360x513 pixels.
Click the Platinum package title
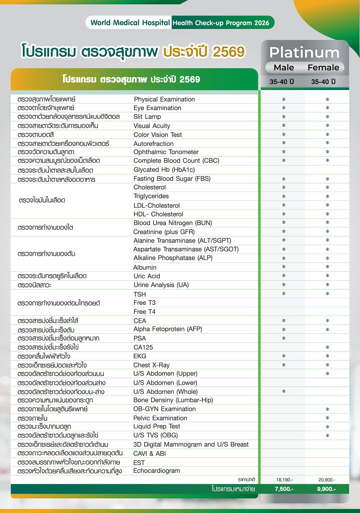[304, 53]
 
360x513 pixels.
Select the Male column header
[284, 68]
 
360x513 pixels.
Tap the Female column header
[323, 68]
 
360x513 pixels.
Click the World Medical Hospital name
[130, 23]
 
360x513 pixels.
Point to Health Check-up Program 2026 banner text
[221, 23]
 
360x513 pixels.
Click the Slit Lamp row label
[147, 117]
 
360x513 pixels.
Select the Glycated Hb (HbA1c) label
[164, 170]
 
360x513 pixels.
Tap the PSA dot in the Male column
[284, 338]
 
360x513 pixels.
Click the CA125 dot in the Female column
[328, 347]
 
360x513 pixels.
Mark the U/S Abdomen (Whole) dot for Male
[284, 391]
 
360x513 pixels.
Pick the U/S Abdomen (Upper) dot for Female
[328, 374]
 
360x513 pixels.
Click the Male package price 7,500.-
[284, 489]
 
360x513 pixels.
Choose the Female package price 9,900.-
[326, 489]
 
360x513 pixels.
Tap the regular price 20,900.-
[327, 480]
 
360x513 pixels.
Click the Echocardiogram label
[157, 471]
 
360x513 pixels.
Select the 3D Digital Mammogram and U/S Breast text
[191, 444]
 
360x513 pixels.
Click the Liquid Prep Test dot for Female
[328, 427]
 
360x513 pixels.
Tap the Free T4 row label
[145, 312]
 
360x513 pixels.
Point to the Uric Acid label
[147, 276]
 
